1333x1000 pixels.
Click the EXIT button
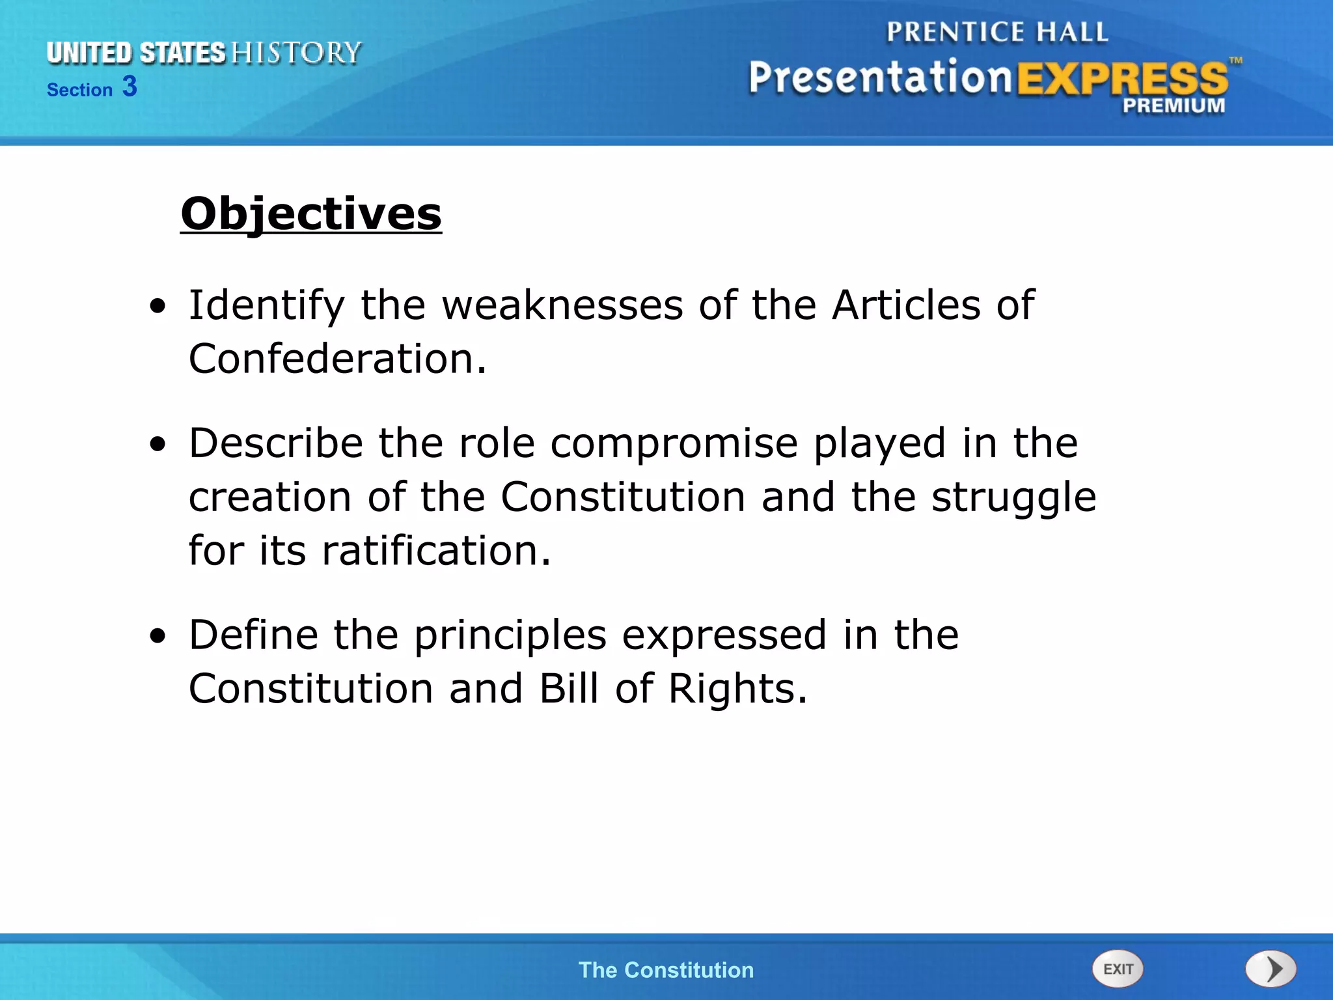click(1118, 969)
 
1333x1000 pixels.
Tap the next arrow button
click(1271, 969)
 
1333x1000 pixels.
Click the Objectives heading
click(311, 214)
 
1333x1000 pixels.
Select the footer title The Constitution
click(666, 970)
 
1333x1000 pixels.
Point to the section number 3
click(130, 87)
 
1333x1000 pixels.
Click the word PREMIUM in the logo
click(1174, 105)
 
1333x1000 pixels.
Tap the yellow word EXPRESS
click(1122, 79)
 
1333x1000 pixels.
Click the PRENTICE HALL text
click(996, 32)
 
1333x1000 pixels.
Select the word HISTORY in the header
click(296, 53)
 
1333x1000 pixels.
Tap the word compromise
click(674, 443)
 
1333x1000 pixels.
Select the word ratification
click(430, 550)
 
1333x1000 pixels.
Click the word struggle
click(1013, 498)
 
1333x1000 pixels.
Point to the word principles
click(510, 635)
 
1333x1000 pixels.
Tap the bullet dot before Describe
click(158, 445)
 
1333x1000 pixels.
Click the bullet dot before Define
click(158, 636)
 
